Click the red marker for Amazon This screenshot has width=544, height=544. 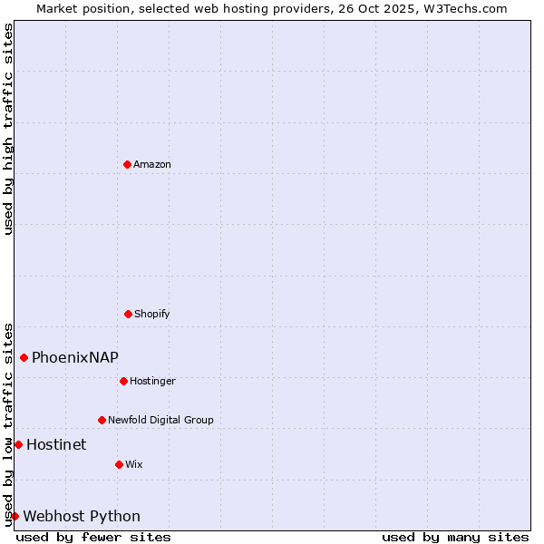pyautogui.click(x=127, y=164)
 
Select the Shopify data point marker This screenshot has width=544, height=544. pyautogui.click(x=128, y=314)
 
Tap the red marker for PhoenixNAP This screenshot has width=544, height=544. pyautogui.click(x=24, y=357)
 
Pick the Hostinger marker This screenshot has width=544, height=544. pyautogui.click(x=123, y=381)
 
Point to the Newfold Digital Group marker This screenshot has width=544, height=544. pyautogui.click(x=102, y=420)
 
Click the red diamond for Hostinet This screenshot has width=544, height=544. pyautogui.click(x=18, y=444)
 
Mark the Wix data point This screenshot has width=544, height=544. pyautogui.click(x=119, y=464)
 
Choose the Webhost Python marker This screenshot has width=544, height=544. pyautogui.click(x=15, y=516)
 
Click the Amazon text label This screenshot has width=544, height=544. pyautogui.click(x=152, y=164)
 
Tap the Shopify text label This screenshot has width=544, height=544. pyautogui.click(x=152, y=314)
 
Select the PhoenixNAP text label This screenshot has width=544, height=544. pyautogui.click(x=75, y=357)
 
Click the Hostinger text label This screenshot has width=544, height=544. pyautogui.click(x=152, y=381)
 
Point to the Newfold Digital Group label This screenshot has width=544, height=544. pyautogui.click(x=160, y=420)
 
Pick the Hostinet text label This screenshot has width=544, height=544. pyautogui.click(x=56, y=444)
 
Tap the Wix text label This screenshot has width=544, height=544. pyautogui.click(x=134, y=464)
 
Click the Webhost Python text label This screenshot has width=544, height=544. pyautogui.click(x=82, y=516)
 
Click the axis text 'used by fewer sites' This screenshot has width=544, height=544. pyautogui.click(x=93, y=537)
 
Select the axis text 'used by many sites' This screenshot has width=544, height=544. pyautogui.click(x=455, y=537)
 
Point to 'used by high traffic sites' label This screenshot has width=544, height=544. pyautogui.click(x=8, y=129)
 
